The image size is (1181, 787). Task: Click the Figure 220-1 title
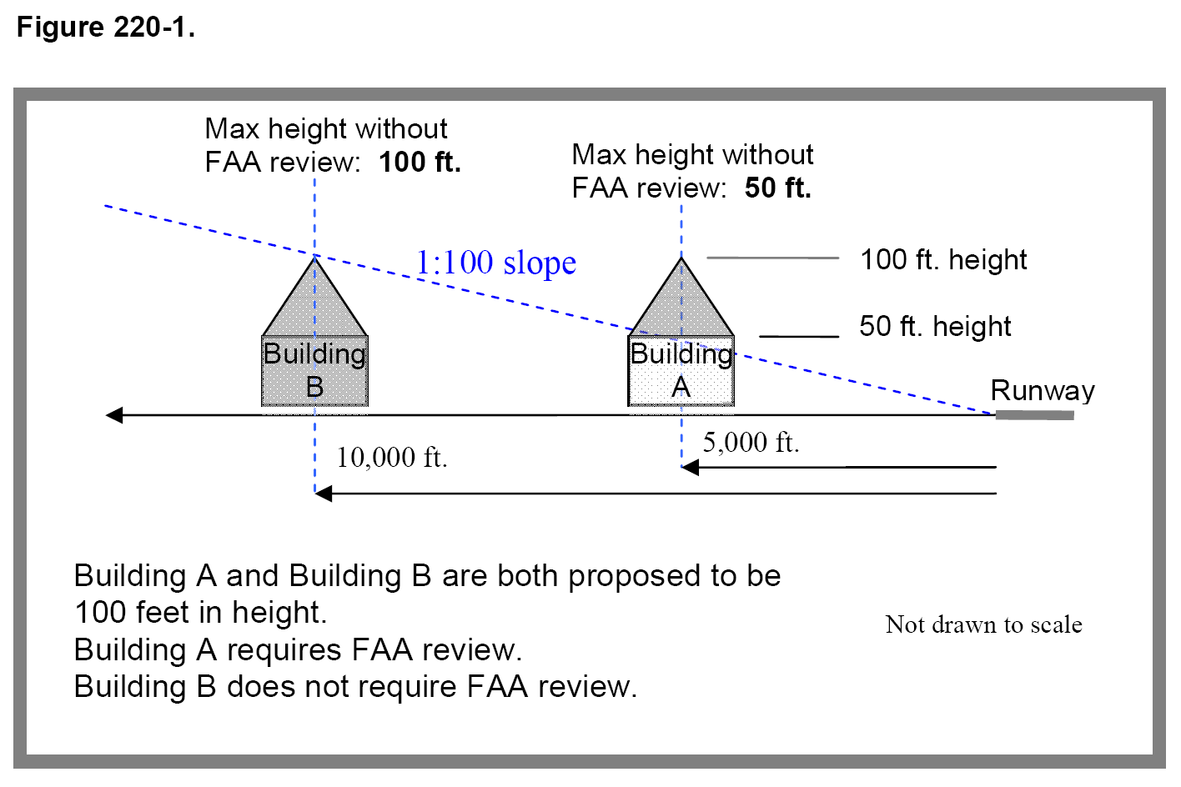tap(106, 28)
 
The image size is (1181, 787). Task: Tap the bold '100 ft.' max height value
tap(420, 162)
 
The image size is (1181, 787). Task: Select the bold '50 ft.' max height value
tap(777, 188)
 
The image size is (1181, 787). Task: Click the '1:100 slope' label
tap(495, 263)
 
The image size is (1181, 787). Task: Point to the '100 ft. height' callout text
tap(943, 259)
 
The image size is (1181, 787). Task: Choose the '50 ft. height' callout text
tap(935, 326)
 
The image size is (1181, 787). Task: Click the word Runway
tap(1043, 390)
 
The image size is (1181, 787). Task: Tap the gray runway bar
tap(1034, 415)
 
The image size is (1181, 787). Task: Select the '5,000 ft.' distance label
tap(751, 442)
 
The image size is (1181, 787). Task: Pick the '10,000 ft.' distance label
tap(391, 457)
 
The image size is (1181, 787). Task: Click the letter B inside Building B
tap(314, 388)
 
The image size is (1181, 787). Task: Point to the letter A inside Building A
tap(681, 388)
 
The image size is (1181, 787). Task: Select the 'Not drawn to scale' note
tap(983, 624)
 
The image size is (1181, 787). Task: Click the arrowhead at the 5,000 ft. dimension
tap(690, 468)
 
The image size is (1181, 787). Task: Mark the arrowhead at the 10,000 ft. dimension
tap(324, 494)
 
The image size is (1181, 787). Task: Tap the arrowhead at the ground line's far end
tap(114, 415)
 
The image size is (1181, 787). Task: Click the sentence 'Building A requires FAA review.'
tap(298, 649)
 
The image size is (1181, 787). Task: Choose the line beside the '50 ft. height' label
tap(798, 336)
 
